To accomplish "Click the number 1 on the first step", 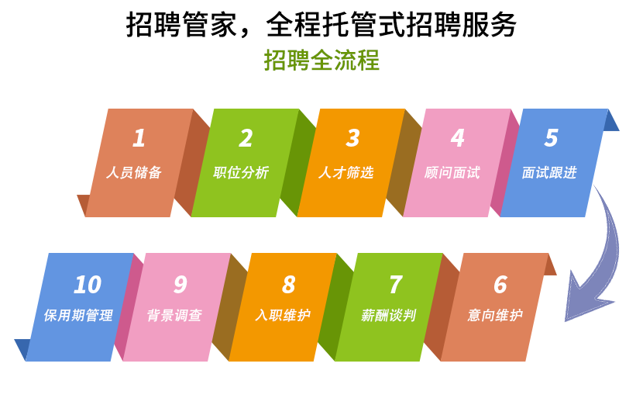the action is coord(139,137).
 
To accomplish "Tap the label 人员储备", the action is coord(134,172).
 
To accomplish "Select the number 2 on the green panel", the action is coord(246,138).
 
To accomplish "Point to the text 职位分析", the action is coord(241,172).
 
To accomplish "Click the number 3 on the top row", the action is coord(352,138).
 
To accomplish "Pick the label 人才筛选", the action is coord(346,172).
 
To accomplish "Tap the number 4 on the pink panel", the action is coord(458,138).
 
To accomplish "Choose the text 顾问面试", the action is coord(452,172).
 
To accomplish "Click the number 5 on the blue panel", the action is coord(551,138).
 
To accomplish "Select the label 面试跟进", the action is coord(549,172).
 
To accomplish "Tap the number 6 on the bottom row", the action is coord(500,285).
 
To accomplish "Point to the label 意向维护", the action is coord(495,316).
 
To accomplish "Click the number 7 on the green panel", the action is coord(396,285).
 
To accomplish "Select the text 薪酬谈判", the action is coord(389,316).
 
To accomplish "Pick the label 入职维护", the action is coord(283,316).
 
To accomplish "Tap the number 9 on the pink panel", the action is coord(181,285).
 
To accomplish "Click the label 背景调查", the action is coord(174,316).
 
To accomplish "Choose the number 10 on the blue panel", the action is coord(88,285).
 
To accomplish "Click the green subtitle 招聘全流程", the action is coord(321,61).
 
